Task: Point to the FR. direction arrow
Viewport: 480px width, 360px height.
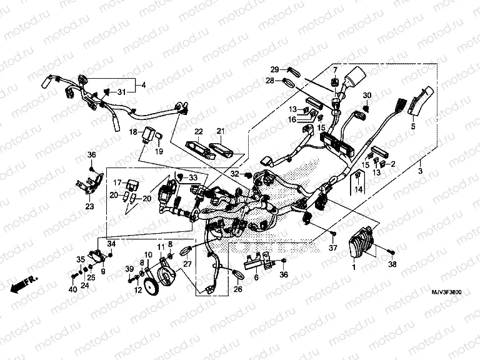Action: pos(23,282)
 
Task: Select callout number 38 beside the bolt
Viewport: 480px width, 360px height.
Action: pos(393,265)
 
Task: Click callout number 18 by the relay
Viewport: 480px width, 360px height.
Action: pos(132,132)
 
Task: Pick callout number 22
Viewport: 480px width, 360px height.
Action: pos(198,131)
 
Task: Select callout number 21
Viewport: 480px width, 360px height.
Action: pos(220,131)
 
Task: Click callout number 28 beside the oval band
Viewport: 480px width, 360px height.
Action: pos(270,81)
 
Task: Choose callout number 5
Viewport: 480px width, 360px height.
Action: pos(412,126)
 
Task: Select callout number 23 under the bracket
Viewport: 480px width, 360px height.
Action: pos(89,206)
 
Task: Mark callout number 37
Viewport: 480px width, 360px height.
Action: pos(332,249)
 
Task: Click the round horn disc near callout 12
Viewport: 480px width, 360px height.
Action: pos(151,287)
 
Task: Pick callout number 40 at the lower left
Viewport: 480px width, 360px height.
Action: pos(72,289)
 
